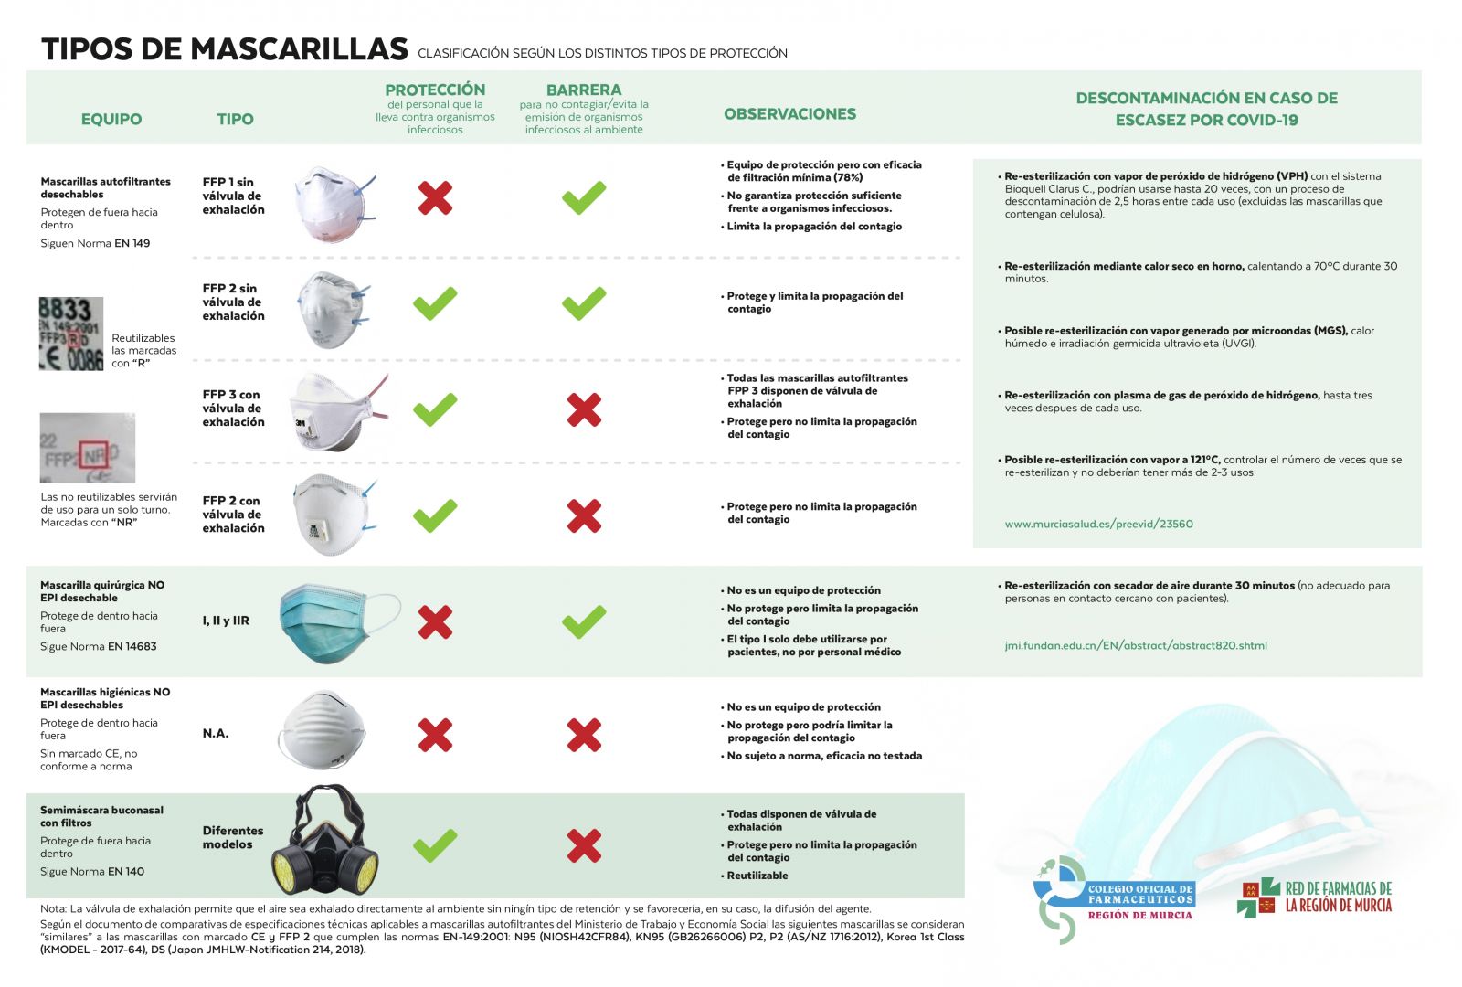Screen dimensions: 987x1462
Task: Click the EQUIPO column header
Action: point(111,119)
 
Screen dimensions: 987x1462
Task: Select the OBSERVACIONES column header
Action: point(789,114)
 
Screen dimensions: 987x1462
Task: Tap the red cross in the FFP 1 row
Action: point(435,197)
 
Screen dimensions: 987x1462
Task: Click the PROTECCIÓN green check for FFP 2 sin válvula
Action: point(435,303)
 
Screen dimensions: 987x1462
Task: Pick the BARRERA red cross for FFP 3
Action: point(584,410)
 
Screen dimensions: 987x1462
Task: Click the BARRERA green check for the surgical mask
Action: point(584,621)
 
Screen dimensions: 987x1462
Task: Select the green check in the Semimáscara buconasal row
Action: point(435,845)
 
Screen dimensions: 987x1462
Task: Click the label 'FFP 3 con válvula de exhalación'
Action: point(233,409)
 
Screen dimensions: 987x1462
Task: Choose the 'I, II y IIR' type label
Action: point(226,621)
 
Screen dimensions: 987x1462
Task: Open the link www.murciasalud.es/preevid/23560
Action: point(1098,525)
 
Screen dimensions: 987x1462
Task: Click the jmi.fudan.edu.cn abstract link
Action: point(1136,646)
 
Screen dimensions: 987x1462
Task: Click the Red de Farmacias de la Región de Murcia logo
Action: point(1316,897)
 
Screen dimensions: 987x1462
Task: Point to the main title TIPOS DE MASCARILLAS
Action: point(224,49)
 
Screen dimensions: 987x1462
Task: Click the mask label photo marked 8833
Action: point(71,334)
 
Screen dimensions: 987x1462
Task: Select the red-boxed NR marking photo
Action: point(88,448)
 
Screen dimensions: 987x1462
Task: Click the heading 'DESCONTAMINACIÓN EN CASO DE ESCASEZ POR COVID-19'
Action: point(1206,109)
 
